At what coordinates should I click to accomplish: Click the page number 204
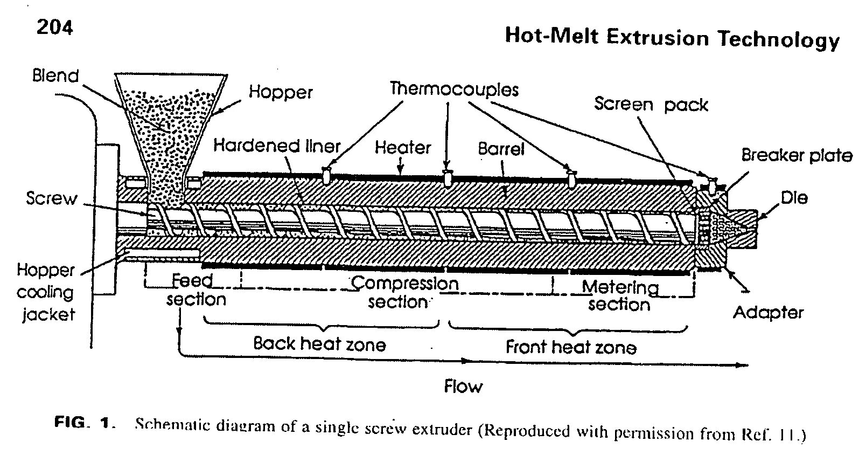55,27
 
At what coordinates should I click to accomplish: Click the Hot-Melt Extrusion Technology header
672,37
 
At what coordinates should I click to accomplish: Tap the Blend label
55,75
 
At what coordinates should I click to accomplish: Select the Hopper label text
281,92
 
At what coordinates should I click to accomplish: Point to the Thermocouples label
454,88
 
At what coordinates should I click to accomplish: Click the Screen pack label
651,104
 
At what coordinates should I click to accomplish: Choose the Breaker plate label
797,155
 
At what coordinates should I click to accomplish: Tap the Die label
794,198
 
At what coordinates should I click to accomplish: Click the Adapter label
768,313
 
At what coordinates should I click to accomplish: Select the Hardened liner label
277,146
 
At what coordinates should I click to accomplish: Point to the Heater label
403,147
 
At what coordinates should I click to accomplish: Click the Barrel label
501,148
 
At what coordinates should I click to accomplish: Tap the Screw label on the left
52,198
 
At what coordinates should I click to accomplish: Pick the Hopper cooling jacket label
46,292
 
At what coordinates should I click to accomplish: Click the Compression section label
403,292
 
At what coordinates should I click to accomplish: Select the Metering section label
620,295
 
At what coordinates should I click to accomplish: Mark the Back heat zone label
319,344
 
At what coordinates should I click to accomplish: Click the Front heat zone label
571,347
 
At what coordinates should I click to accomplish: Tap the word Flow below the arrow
463,386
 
